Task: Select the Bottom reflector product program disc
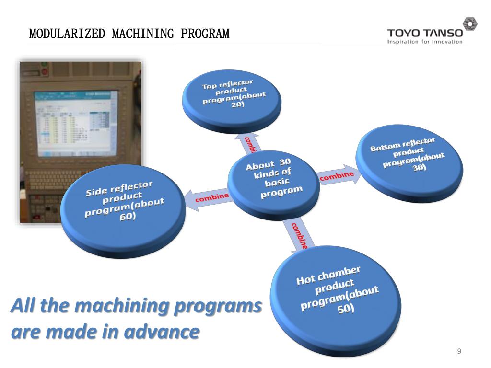tap(409, 158)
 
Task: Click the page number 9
tap(459, 352)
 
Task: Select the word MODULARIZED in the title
tap(67, 34)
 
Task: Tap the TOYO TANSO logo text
tap(425, 33)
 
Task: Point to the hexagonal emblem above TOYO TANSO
tap(469, 23)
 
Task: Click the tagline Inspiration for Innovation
tap(425, 42)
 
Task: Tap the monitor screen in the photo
tap(74, 122)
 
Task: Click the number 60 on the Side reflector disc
tap(127, 216)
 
